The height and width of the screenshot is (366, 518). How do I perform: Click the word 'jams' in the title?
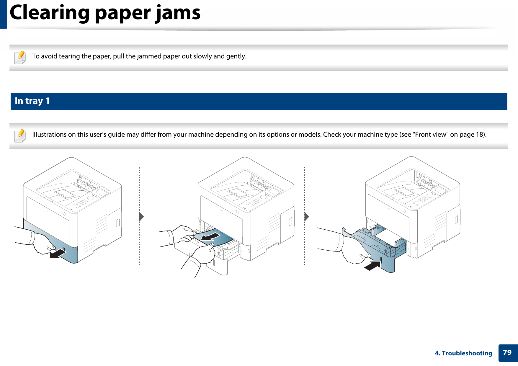pyautogui.click(x=178, y=13)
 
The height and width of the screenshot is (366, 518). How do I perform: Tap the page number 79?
pyautogui.click(x=507, y=352)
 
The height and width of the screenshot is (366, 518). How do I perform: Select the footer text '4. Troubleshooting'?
pyautogui.click(x=463, y=353)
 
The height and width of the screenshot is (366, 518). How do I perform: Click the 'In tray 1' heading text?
pyautogui.click(x=32, y=101)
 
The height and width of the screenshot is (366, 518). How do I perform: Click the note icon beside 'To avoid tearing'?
pyautogui.click(x=20, y=57)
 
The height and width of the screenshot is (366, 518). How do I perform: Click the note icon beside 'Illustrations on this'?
pyautogui.click(x=20, y=135)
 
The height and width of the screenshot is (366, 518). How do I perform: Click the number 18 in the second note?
pyautogui.click(x=479, y=135)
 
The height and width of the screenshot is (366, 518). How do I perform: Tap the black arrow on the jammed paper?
pyautogui.click(x=210, y=237)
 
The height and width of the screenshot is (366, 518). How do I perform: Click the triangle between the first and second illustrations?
pyautogui.click(x=141, y=217)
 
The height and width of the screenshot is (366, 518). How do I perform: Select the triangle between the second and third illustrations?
pyautogui.click(x=307, y=217)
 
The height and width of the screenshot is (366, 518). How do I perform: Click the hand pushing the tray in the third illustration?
pyautogui.click(x=354, y=251)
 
